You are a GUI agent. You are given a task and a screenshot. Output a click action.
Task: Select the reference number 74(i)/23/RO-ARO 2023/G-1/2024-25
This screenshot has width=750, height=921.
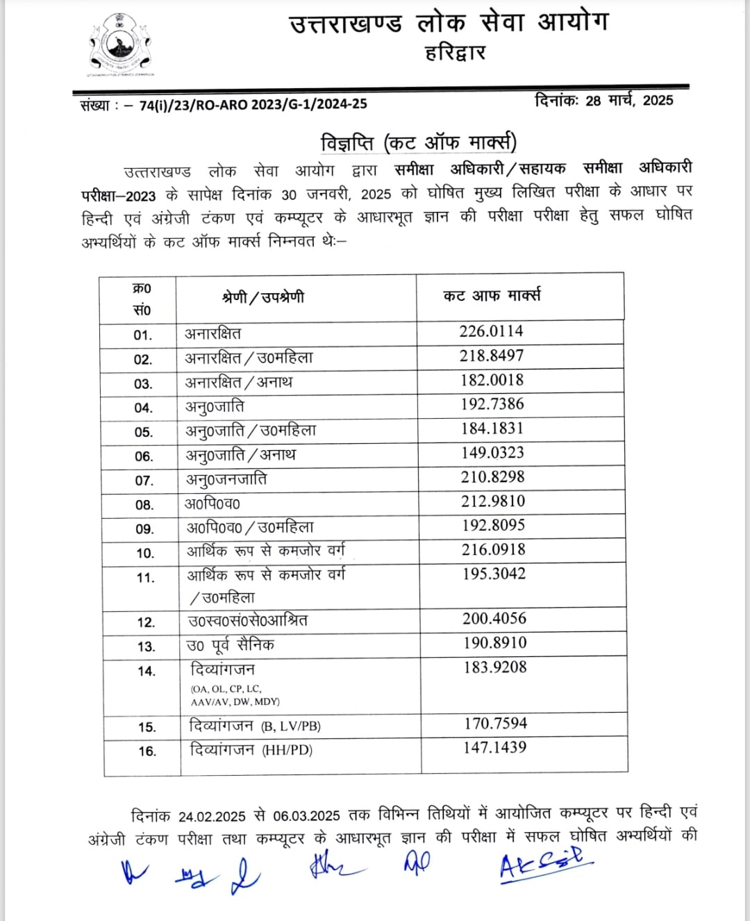253,105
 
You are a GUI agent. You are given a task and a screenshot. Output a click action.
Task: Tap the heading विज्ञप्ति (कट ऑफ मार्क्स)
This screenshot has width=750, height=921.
418,143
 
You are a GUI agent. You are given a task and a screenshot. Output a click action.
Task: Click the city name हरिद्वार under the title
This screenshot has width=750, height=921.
455,53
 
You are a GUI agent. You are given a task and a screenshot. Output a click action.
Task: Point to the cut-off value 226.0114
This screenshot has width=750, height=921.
491,331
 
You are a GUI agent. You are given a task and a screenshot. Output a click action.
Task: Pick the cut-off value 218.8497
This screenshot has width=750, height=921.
491,356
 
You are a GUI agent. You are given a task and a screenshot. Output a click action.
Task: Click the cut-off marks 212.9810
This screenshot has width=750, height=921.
493,501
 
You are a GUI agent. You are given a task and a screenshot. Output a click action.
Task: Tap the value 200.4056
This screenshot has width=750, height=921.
494,618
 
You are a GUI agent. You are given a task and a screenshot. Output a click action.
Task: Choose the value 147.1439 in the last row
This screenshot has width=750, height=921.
495,747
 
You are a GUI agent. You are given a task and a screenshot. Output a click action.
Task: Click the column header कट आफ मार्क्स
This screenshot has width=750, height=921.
492,296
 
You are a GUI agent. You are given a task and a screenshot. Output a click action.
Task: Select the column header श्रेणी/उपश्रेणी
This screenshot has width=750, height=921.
263,298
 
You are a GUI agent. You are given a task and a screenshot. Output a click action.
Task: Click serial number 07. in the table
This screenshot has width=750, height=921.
144,481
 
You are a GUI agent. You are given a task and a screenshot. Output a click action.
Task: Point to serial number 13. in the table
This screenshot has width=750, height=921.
146,647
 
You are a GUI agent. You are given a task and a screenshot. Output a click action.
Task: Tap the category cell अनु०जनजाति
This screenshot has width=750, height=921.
226,479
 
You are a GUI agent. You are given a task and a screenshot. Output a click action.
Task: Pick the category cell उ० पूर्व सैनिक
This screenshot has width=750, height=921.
231,645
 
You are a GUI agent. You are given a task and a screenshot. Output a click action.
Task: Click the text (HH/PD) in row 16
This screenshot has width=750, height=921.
287,750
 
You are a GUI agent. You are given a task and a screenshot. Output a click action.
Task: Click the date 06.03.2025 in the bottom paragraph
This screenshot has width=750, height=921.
306,815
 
